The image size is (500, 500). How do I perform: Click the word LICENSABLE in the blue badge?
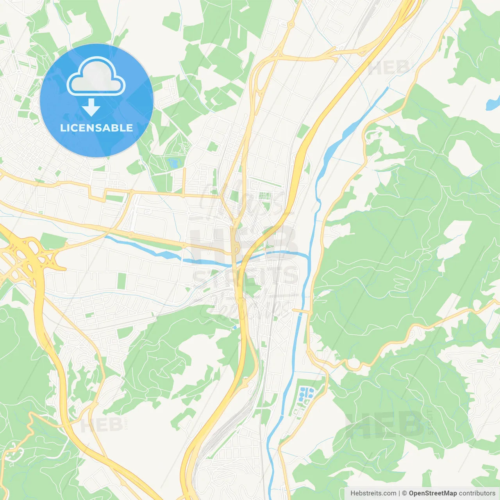click(96, 128)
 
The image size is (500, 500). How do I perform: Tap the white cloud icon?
click(96, 77)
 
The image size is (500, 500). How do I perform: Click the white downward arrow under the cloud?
click(91, 108)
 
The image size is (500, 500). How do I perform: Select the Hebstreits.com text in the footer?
click(373, 493)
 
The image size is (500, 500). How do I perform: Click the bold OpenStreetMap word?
click(432, 493)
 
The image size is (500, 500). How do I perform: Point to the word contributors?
click(477, 493)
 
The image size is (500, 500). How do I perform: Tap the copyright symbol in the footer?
click(404, 493)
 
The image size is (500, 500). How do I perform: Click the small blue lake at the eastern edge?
click(491, 104)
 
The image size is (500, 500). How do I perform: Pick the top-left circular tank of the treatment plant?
click(302, 390)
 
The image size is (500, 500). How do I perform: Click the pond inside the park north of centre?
click(172, 163)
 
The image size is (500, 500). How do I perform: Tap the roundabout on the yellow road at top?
click(291, 24)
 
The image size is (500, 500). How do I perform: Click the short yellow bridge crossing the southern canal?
click(301, 311)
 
